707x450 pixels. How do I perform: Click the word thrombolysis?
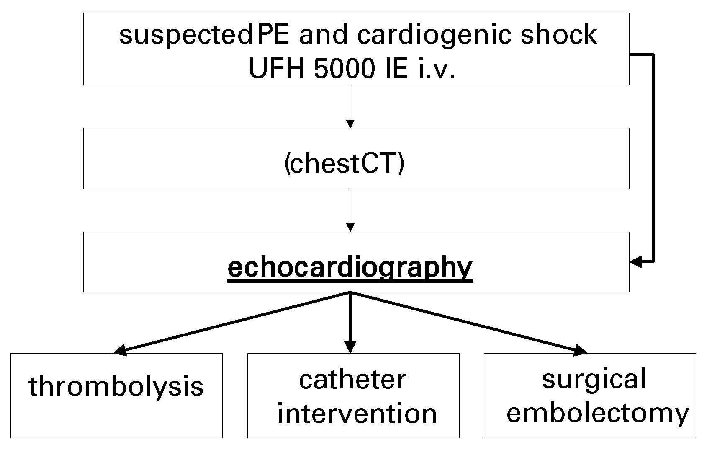(x=116, y=387)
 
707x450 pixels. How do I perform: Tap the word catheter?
(x=352, y=380)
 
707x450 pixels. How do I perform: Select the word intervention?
(x=357, y=414)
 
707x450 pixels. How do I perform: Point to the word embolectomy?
(x=597, y=414)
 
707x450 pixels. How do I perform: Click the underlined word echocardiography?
(x=350, y=267)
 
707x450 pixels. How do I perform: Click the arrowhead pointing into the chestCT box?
(x=350, y=124)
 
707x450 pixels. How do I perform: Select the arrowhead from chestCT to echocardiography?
(x=350, y=228)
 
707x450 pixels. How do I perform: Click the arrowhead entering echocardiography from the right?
(x=636, y=262)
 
